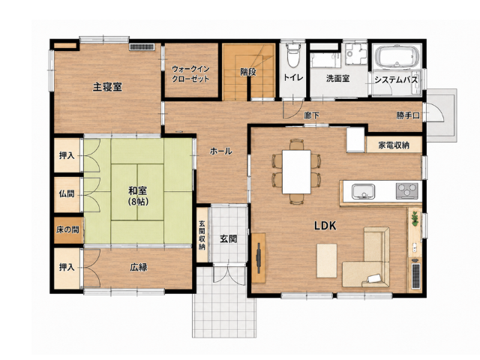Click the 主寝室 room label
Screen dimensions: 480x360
tap(107, 87)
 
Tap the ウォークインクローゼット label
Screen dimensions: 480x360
tap(190, 73)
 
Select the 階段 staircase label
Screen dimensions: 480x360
tap(248, 72)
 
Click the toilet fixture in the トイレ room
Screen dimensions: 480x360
tap(294, 55)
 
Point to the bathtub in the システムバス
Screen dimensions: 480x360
tap(397, 57)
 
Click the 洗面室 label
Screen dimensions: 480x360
tap(338, 79)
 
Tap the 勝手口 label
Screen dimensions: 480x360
tap(408, 115)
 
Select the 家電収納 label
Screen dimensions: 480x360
tap(394, 145)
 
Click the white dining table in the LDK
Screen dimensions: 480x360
tap(297, 172)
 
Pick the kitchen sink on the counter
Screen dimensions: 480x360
tap(363, 192)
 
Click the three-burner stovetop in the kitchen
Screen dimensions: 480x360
tap(407, 191)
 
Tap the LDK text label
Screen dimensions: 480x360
tap(325, 226)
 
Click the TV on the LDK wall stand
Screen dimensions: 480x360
tap(259, 258)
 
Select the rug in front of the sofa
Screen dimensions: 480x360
tap(327, 260)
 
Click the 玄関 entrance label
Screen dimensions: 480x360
tap(228, 239)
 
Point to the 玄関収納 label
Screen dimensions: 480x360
tap(202, 235)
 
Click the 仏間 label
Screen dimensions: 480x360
tap(67, 193)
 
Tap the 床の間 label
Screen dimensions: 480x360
tap(67, 229)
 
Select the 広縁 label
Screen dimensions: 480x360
tap(139, 268)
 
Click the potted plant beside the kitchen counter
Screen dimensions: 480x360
tap(415, 218)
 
